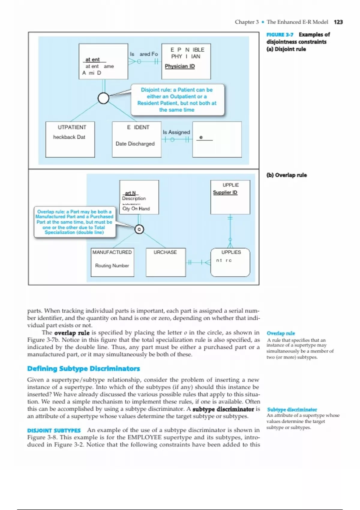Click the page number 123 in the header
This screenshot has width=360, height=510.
click(338, 22)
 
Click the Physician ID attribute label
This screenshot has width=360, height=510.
click(180, 66)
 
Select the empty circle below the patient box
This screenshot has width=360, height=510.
click(103, 98)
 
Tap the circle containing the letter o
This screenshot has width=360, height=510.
click(139, 229)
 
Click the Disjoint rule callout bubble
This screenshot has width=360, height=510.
click(177, 100)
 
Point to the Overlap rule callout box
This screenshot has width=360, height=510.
click(74, 222)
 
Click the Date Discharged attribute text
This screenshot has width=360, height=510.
click(135, 144)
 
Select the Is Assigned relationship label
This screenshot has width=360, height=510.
click(176, 132)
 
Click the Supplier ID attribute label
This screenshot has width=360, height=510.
click(225, 192)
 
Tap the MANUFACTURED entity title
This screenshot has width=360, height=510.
click(112, 252)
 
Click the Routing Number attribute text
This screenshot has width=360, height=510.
click(112, 265)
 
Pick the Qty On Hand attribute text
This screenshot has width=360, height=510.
click(136, 208)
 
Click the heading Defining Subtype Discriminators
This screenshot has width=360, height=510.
click(83, 368)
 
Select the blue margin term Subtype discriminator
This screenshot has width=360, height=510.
click(292, 409)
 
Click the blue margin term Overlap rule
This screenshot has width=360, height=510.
click(281, 333)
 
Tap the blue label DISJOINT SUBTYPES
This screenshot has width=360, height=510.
click(54, 430)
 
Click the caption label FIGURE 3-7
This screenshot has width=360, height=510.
click(280, 35)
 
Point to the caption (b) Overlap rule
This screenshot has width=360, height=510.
click(286, 175)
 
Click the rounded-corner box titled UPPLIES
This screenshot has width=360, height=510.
click(230, 262)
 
